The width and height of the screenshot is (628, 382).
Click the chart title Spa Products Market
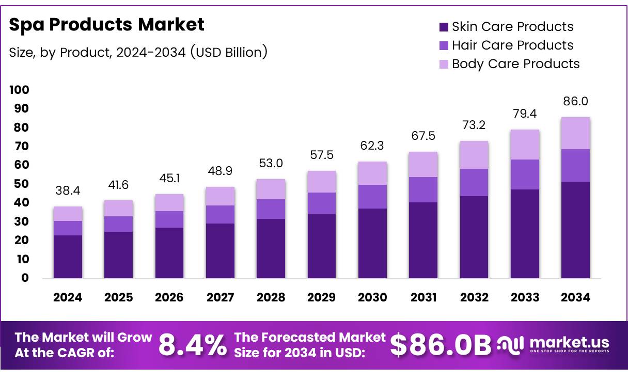click(x=107, y=24)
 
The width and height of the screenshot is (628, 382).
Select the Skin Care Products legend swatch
click(x=444, y=27)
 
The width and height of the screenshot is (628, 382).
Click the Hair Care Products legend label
click(x=512, y=45)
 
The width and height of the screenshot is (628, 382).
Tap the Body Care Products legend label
click(x=515, y=64)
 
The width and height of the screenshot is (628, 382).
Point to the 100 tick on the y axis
click(x=19, y=90)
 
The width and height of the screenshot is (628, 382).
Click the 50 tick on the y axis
click(x=22, y=184)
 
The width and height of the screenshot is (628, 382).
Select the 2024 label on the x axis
click(x=68, y=298)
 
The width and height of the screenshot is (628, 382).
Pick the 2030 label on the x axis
click(x=372, y=298)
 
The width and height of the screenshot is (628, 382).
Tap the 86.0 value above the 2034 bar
click(x=575, y=102)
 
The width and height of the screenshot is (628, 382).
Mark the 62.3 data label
click(x=372, y=147)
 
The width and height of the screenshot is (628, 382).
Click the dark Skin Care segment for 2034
click(x=575, y=230)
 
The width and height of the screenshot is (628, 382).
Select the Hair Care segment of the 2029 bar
click(x=322, y=203)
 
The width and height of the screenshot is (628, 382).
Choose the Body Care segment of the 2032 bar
click(x=474, y=155)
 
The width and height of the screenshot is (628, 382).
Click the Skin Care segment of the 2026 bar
click(x=169, y=252)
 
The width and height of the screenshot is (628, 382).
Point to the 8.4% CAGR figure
click(x=192, y=345)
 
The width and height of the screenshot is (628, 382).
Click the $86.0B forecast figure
click(x=440, y=345)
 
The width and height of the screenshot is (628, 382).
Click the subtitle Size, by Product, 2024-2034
click(x=138, y=52)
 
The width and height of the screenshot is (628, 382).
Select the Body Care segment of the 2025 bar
click(x=119, y=208)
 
